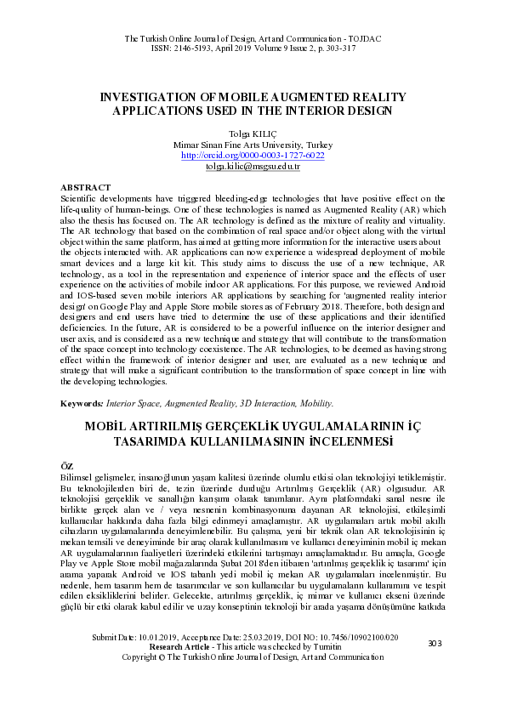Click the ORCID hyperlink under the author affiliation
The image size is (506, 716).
(x=253, y=156)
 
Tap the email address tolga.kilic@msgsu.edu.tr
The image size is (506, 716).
(x=253, y=168)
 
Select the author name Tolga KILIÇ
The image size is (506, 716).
(x=253, y=134)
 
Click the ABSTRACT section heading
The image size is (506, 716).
(x=85, y=186)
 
